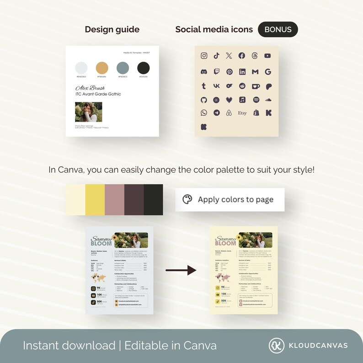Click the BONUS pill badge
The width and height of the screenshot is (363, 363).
tap(278, 29)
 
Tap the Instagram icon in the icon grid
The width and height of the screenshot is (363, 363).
tap(204, 56)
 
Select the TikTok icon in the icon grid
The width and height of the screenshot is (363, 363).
tap(216, 56)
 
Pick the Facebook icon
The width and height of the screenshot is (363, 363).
tap(242, 56)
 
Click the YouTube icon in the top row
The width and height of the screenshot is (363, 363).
tap(267, 56)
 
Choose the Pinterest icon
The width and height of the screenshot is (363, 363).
tap(230, 72)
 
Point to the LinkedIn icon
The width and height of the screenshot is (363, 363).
tap(242, 72)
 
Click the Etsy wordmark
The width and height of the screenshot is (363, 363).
tap(242, 113)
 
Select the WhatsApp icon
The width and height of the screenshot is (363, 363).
tap(204, 113)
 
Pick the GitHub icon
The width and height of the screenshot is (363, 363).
tap(204, 100)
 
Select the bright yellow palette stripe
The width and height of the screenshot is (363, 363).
tap(95, 200)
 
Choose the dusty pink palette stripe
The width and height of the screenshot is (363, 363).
tap(114, 200)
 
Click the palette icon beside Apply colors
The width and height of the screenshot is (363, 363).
tap(187, 199)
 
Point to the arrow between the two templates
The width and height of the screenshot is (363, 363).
tap(181, 271)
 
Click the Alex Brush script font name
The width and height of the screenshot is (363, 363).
tap(90, 87)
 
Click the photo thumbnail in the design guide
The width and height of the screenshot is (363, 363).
tap(89, 112)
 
